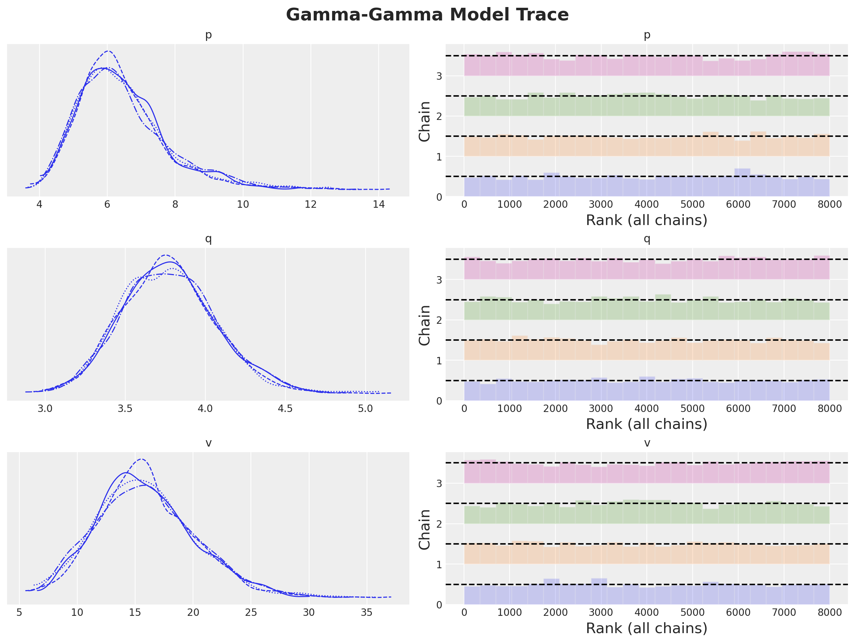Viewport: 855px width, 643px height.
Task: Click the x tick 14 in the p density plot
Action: (x=379, y=205)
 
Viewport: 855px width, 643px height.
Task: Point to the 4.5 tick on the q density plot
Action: (x=285, y=408)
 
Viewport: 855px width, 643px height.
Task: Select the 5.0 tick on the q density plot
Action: (x=365, y=408)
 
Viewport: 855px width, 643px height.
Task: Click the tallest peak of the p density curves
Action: (x=108, y=51)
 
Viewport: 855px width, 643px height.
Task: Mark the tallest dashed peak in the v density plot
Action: (x=142, y=459)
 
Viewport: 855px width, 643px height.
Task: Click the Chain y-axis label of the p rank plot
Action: (x=425, y=121)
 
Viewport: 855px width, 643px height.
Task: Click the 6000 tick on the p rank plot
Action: (x=738, y=205)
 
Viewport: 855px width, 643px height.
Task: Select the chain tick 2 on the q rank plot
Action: (x=439, y=320)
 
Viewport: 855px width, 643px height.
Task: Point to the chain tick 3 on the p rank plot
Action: (x=439, y=76)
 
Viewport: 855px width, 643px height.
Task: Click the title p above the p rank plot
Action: (x=647, y=36)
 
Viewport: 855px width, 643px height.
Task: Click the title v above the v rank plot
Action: (x=647, y=443)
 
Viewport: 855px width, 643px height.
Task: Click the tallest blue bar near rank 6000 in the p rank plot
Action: (x=742, y=182)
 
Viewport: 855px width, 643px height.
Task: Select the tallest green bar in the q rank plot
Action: (x=663, y=307)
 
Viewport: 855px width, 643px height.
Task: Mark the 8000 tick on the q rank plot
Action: (x=830, y=408)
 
